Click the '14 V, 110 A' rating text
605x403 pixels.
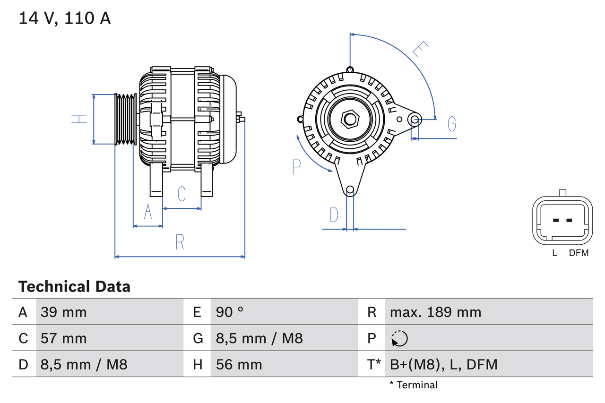point(65,18)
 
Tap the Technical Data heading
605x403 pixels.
point(74,286)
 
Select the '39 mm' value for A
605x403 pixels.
point(64,312)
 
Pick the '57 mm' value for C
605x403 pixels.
point(64,338)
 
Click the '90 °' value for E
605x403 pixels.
point(230,312)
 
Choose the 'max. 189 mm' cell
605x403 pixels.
point(435,312)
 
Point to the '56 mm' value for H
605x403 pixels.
point(239,364)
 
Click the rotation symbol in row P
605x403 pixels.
point(399,338)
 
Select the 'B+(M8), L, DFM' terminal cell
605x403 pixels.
point(443,364)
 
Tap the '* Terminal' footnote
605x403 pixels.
point(414,385)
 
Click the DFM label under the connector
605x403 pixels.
point(579,253)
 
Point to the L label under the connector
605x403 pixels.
point(555,253)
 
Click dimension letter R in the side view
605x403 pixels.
point(180,242)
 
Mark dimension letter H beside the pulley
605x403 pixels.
point(79,119)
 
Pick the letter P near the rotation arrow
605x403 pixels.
point(296,167)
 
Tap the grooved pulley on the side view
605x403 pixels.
point(126,119)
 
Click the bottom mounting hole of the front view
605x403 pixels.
point(350,190)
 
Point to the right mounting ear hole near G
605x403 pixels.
point(415,119)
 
